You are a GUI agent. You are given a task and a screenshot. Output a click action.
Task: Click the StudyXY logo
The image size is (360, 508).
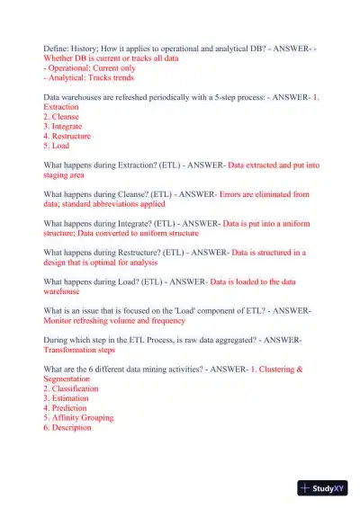(322, 488)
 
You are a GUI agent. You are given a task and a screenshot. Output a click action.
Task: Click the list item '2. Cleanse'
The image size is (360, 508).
(61, 117)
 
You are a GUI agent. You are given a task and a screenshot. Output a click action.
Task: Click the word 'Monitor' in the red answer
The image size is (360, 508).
(58, 321)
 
